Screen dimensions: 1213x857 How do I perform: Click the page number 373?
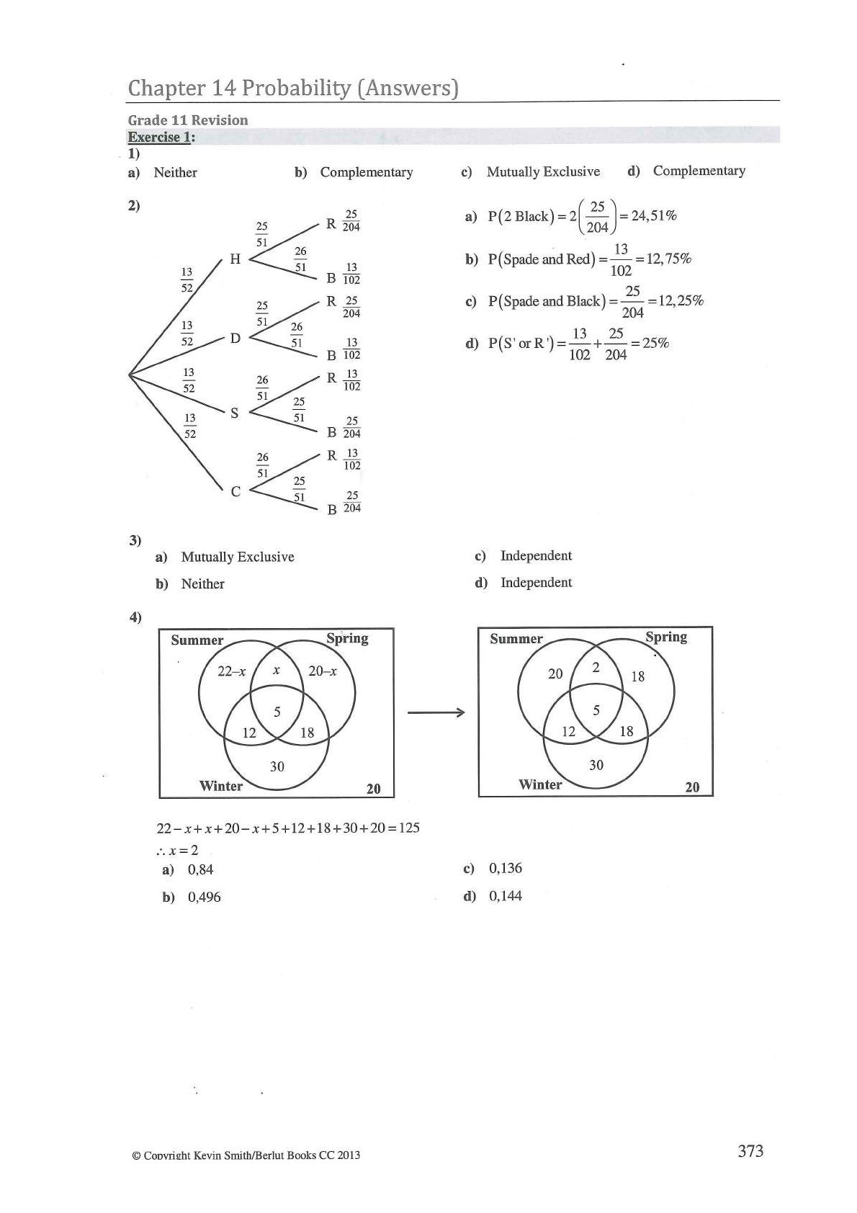tap(750, 1150)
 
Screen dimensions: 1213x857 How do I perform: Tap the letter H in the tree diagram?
tap(235, 259)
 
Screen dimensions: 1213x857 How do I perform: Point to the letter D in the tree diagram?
tap(235, 338)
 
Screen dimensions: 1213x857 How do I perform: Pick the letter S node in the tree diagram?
tap(234, 413)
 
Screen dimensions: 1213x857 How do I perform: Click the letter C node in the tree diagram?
tap(235, 492)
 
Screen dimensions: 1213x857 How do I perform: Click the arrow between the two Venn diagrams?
tap(436, 713)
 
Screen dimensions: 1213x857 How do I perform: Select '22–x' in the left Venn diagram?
tap(231, 671)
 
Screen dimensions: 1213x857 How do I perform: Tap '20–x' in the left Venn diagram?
tap(322, 671)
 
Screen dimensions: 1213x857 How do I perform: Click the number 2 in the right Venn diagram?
tap(596, 668)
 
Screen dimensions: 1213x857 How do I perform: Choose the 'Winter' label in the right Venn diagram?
tap(540, 784)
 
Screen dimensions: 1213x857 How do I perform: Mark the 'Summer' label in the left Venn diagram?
tap(197, 640)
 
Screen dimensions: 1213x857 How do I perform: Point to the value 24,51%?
tap(653, 215)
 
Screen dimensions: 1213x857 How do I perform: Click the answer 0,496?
tap(204, 897)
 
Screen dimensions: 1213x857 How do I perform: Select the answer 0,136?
tap(505, 868)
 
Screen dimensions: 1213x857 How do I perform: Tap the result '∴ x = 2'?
tap(177, 850)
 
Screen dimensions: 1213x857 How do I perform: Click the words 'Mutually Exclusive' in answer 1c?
tap(543, 171)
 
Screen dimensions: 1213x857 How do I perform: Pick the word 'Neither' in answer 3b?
tap(202, 583)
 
